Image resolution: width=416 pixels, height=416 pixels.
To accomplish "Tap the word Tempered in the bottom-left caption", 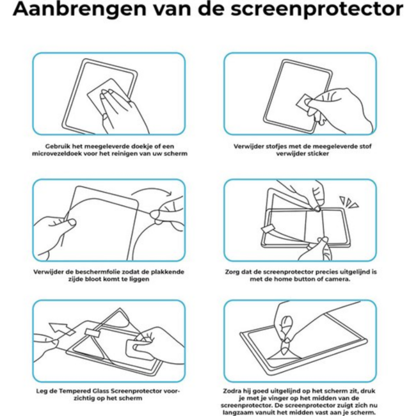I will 77,389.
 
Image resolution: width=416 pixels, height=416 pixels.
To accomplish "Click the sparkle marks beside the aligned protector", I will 349,202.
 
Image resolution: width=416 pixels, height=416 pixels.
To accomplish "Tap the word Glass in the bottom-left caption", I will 106,389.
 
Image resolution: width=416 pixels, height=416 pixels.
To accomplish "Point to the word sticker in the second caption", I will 311,154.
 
